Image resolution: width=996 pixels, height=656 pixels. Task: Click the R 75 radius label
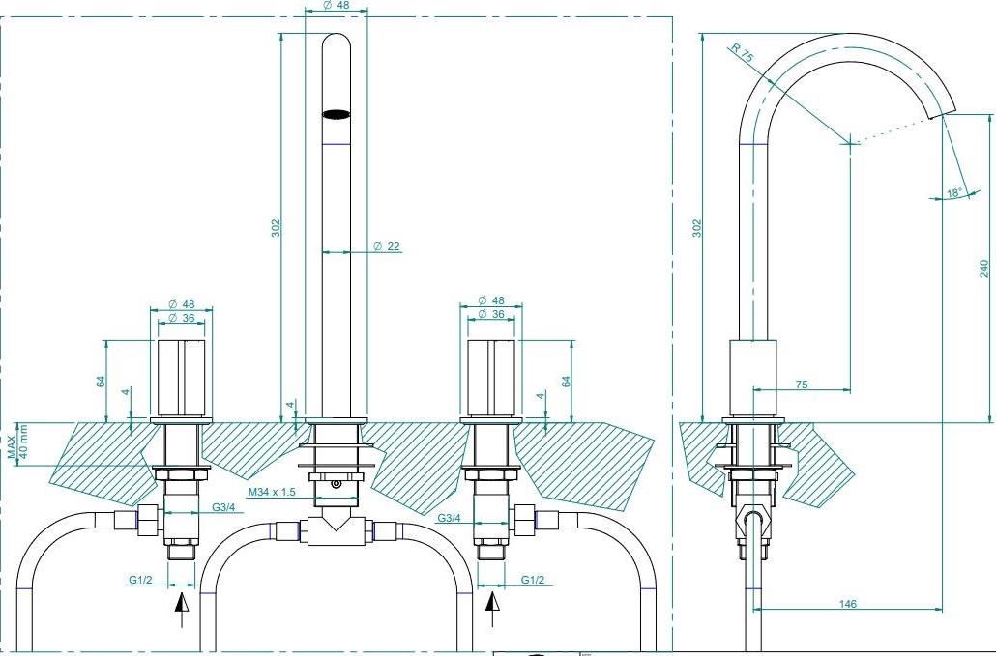pos(742,53)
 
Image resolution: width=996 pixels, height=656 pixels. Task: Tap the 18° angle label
pos(953,192)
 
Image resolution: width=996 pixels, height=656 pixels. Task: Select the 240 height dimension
pos(984,268)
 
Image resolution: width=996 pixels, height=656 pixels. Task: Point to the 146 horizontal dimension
pos(848,604)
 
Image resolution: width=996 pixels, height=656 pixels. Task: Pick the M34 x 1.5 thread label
pos(271,493)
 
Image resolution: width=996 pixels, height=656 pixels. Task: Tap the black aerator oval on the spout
pos(335,114)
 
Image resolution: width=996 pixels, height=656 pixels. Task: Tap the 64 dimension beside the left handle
pos(101,380)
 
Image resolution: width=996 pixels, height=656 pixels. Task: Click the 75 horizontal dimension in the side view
pos(801,385)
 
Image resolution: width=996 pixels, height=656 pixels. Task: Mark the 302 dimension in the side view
pos(697,227)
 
